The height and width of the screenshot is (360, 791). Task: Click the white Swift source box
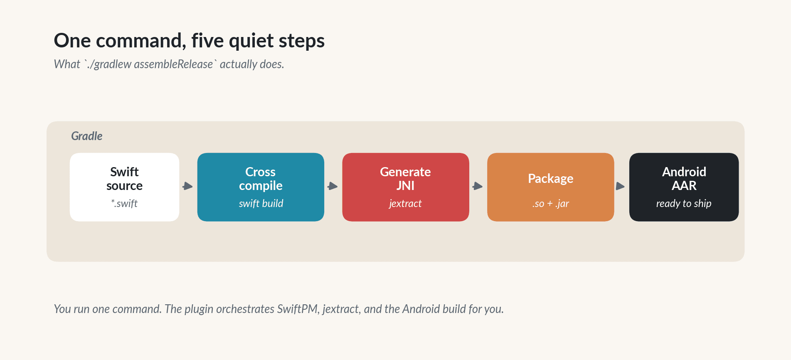124,187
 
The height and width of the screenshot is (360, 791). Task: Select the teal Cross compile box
261,187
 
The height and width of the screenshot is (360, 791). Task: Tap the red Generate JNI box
405,187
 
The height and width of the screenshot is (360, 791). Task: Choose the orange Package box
550,187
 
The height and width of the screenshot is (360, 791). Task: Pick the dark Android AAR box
684,187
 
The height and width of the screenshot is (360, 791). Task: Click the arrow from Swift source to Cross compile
188,186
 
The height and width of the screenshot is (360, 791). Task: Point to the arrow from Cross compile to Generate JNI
333,186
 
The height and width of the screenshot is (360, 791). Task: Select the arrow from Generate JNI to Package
478,186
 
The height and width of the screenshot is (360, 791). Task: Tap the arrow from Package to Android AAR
621,186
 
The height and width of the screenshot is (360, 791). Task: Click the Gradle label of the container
86,136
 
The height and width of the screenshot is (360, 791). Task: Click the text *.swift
124,203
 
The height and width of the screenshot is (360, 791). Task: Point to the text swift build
261,203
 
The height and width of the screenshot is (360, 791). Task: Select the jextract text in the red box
405,203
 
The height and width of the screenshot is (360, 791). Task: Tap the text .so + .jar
550,203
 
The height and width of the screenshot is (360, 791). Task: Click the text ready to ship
684,203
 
